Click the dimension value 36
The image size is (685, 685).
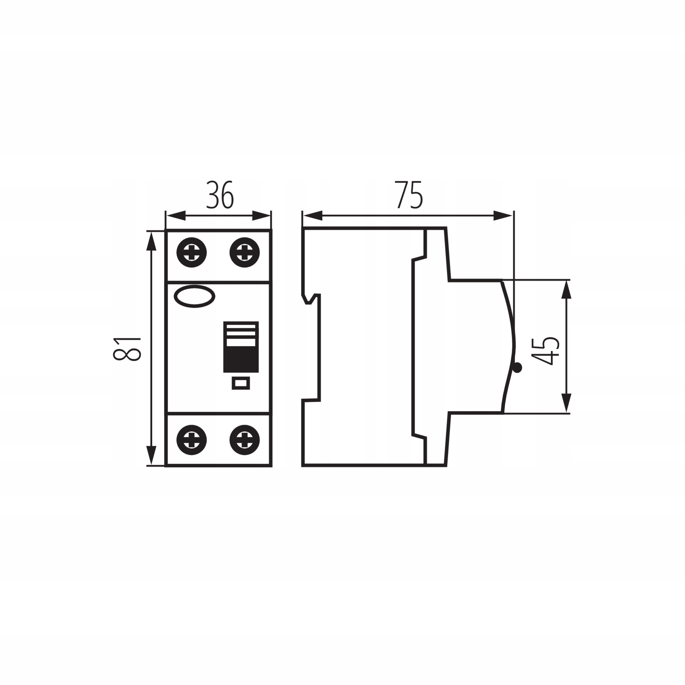[x=220, y=195]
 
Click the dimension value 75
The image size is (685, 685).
[x=410, y=195]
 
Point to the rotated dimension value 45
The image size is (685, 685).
[x=546, y=351]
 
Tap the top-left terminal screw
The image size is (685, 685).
[x=192, y=252]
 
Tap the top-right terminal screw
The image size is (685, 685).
[x=245, y=252]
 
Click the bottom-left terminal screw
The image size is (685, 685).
[x=192, y=440]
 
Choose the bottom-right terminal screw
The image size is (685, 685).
[x=245, y=440]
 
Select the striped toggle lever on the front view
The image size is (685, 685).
[x=241, y=347]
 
